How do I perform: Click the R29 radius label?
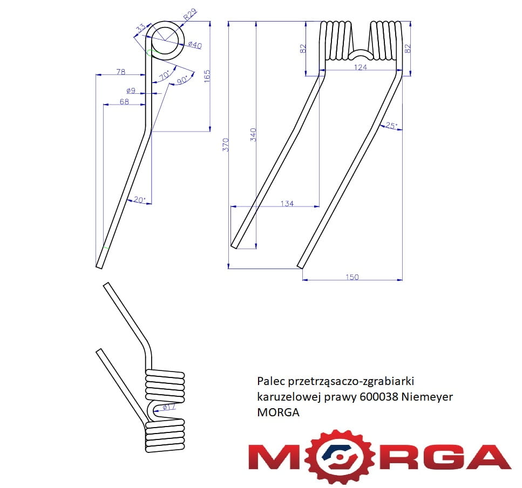(190, 15)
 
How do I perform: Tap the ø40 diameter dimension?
(195, 45)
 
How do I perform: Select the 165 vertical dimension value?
(207, 76)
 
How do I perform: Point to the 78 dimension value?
(120, 72)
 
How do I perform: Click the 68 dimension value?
(124, 101)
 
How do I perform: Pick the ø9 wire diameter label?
(131, 91)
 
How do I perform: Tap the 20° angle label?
(139, 200)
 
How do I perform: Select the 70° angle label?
(165, 75)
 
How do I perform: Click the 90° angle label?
(182, 80)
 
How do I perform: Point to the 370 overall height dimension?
(226, 145)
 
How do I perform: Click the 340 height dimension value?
(253, 135)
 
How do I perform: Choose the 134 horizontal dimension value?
(287, 203)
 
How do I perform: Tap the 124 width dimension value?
(360, 67)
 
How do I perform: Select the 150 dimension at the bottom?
(352, 277)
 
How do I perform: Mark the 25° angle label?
(391, 126)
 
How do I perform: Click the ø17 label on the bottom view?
(169, 407)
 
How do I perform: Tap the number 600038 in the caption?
(379, 396)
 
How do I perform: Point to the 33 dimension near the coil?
(140, 28)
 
